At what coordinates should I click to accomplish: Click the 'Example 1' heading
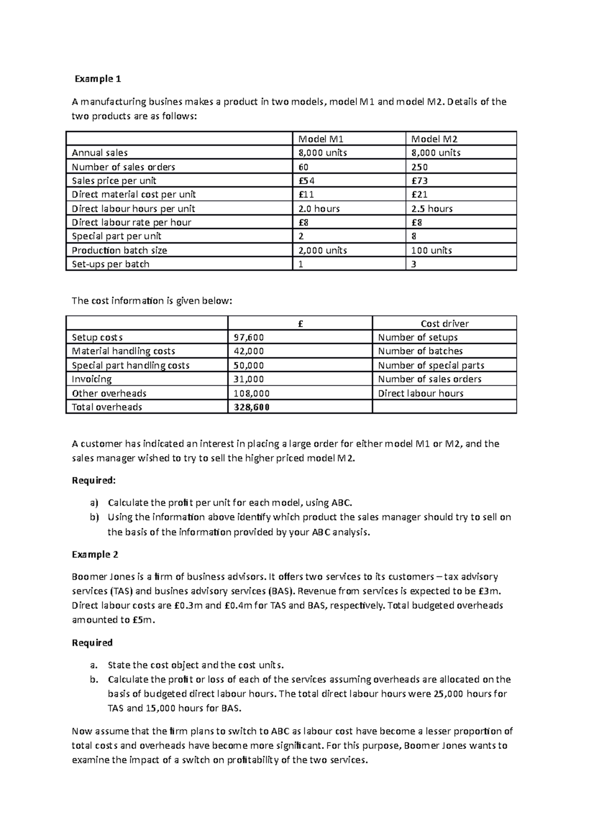coord(98,79)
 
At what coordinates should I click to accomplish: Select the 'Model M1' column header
coord(317,139)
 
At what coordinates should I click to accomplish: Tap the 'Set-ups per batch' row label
coord(110,264)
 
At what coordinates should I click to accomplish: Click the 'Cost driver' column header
coord(444,324)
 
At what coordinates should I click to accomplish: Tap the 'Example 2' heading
coord(95,555)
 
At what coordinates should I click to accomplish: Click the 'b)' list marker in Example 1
coord(94,517)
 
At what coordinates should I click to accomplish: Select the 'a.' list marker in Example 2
coord(95,665)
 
